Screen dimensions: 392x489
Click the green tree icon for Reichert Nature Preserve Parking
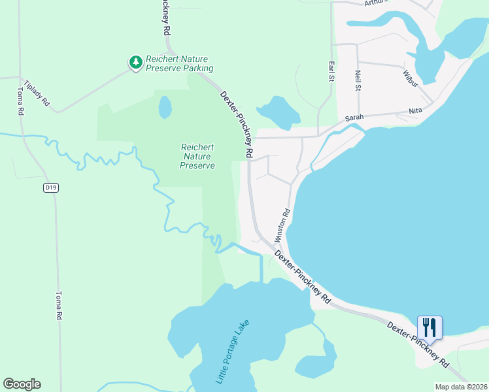tap(135, 62)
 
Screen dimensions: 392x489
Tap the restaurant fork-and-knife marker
tap(430, 327)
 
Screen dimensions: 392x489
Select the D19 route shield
tap(52, 188)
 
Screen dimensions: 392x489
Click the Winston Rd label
tap(286, 223)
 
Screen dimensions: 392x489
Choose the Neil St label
tap(358, 81)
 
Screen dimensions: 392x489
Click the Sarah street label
tap(354, 118)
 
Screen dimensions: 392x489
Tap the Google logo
tap(22, 384)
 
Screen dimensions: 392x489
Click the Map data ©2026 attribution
tap(461, 387)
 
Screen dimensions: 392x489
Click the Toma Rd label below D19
tap(58, 305)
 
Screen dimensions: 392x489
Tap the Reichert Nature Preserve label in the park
tap(197, 157)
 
